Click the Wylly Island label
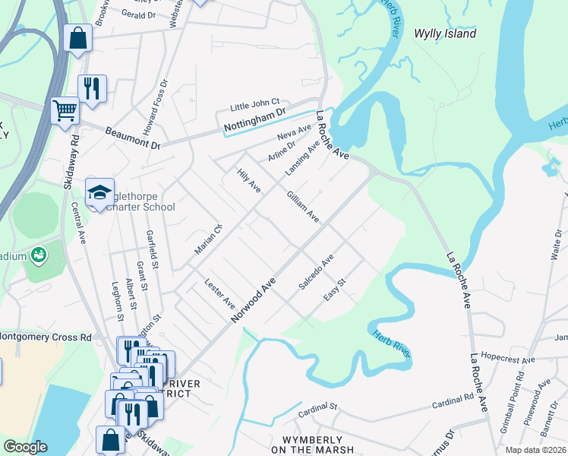[x=445, y=33]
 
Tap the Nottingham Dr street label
[x=254, y=122]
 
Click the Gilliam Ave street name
[x=301, y=205]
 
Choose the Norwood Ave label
[x=253, y=299]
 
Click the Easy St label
[x=335, y=288]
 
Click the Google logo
[x=25, y=446]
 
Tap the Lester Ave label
[x=220, y=293]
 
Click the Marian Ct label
[x=205, y=242]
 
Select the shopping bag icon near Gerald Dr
[x=78, y=37]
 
